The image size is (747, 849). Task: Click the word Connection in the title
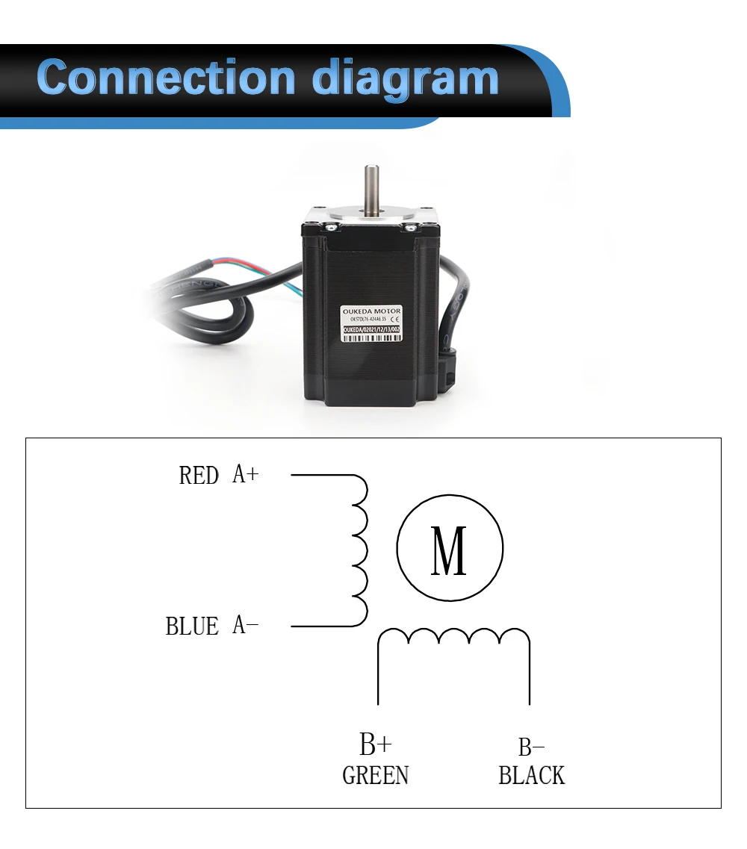(166, 78)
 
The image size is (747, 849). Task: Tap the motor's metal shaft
(371, 188)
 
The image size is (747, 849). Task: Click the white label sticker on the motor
(372, 323)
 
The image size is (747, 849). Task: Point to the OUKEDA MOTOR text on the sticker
(371, 311)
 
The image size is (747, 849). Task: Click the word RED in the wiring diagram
(199, 476)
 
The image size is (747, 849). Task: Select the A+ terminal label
(245, 474)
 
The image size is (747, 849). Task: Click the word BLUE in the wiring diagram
(192, 626)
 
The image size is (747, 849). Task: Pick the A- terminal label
(245, 624)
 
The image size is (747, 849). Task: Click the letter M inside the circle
(449, 551)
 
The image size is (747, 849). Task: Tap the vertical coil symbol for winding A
(359, 550)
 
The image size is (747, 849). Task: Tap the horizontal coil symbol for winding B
(453, 637)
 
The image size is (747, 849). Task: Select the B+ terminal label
(375, 744)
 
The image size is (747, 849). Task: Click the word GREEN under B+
(375, 776)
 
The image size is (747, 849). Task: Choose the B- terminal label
(531, 747)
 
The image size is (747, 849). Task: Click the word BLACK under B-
(531, 776)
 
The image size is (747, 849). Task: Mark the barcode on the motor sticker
(371, 337)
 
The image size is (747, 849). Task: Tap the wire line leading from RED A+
(321, 475)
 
